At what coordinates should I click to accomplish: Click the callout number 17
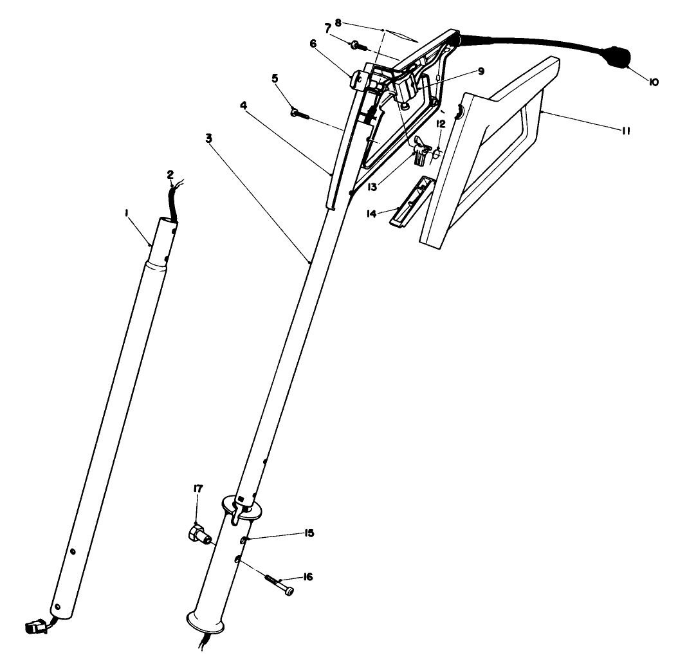[x=197, y=489]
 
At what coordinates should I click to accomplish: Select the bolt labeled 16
[x=278, y=584]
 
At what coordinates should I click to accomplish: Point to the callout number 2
[x=170, y=174]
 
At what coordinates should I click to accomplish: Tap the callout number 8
[x=338, y=21]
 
